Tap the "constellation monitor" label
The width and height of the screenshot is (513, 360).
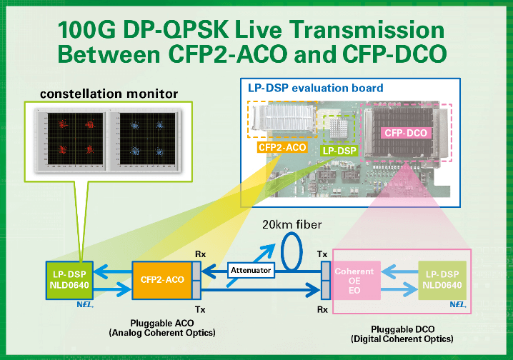click(109, 94)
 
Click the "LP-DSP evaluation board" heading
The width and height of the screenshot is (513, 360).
click(315, 89)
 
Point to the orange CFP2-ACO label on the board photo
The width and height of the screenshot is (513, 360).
click(282, 148)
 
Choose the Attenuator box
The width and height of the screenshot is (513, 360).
click(249, 271)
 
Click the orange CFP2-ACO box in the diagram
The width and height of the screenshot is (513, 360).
click(161, 279)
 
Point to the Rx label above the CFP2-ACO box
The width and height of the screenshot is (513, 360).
click(201, 253)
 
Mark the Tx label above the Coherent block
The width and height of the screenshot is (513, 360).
click(322, 253)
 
